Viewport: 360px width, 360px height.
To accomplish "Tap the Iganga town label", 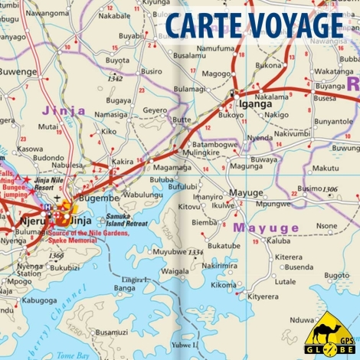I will click(x=255, y=104).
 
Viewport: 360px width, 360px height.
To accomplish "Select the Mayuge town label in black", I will click(x=246, y=192).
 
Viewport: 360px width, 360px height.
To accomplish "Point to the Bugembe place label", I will click(x=100, y=198).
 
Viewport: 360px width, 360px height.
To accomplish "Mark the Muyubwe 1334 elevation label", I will click(x=178, y=252).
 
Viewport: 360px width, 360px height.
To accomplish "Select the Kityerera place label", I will click(x=262, y=296).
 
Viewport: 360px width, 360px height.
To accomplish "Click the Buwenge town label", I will click(x=18, y=71).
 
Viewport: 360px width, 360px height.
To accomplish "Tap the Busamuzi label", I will click(x=111, y=332).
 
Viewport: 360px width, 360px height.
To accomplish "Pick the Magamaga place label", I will click(x=172, y=167).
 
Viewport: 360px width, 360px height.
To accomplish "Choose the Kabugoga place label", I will click(x=39, y=301).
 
